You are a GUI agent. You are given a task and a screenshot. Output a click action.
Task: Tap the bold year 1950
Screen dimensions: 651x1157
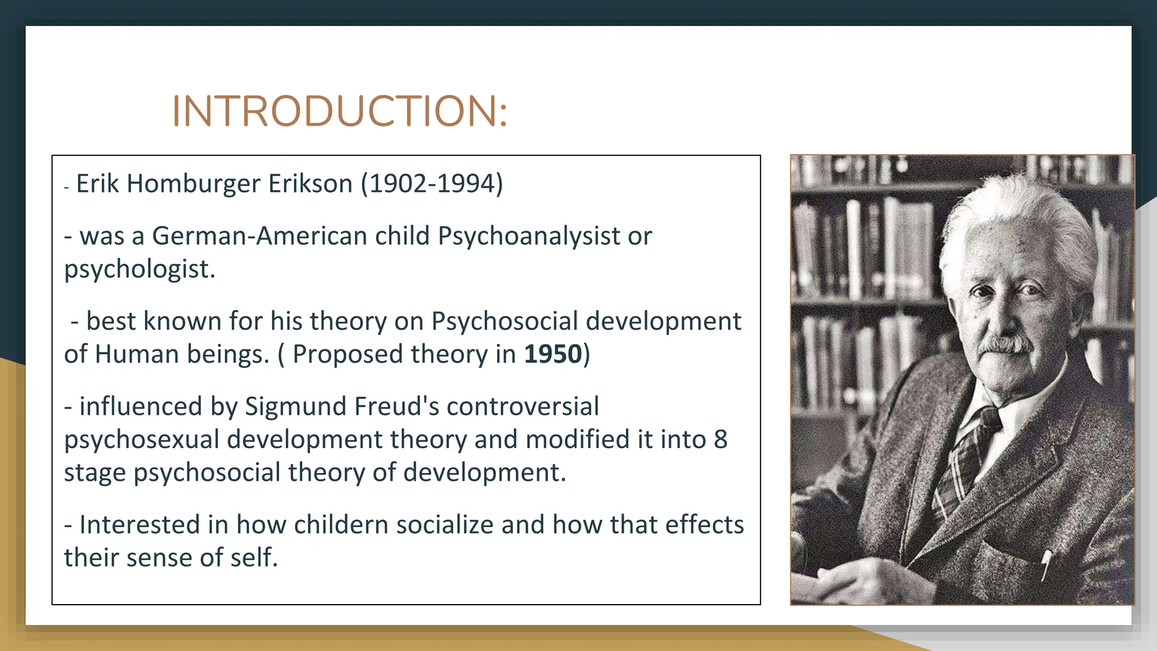pos(553,354)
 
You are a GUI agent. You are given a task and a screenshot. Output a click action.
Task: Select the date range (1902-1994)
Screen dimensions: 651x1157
pos(432,184)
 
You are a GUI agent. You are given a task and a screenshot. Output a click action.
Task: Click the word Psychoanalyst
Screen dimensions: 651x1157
pos(529,236)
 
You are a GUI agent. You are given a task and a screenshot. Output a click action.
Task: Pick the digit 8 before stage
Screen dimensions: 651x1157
pos(720,440)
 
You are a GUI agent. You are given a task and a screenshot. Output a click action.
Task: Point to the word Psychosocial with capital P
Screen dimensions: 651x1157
pos(504,321)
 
